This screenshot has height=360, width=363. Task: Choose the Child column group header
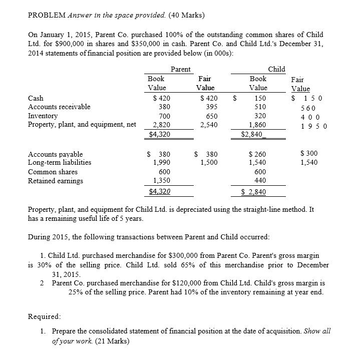[x=276, y=69]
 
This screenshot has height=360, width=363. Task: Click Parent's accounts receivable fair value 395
[x=204, y=107]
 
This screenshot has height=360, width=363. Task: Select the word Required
[x=44, y=317]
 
